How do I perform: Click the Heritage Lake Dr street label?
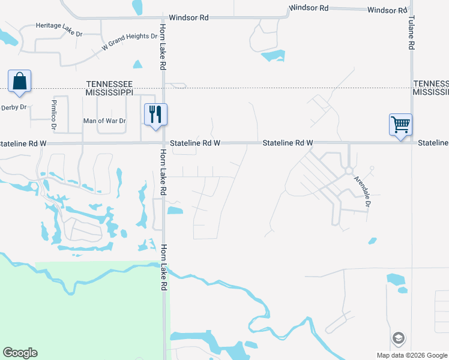[x=59, y=26]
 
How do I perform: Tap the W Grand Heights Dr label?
[x=129, y=37]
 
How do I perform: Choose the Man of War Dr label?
[x=104, y=121]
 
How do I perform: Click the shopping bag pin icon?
[x=19, y=80]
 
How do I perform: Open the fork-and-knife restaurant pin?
[x=156, y=113]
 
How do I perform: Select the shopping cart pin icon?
[x=400, y=125]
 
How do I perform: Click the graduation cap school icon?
[x=397, y=338]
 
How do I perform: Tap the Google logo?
[x=20, y=353]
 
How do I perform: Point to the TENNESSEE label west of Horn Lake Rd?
[x=109, y=84]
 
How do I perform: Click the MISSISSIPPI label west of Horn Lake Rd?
[x=109, y=93]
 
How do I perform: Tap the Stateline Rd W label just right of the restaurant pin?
[x=195, y=143]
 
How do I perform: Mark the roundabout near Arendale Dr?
[x=349, y=171]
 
